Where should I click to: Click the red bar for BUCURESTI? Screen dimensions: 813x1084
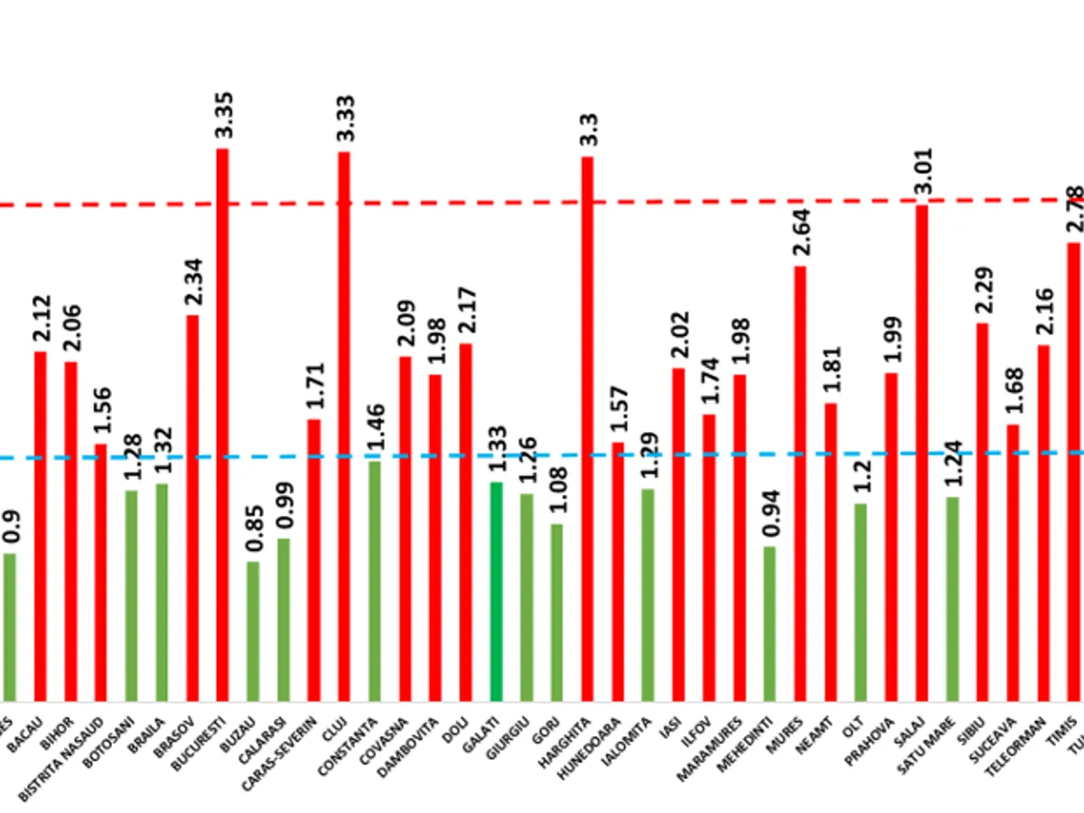(222, 425)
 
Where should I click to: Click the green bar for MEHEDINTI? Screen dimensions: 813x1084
(769, 623)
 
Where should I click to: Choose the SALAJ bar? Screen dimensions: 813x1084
(921, 452)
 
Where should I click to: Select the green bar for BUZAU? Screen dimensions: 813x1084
(253, 631)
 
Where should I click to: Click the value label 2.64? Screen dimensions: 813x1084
(800, 234)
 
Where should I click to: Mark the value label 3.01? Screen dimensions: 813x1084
(922, 173)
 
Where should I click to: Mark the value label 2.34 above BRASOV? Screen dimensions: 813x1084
(193, 285)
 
